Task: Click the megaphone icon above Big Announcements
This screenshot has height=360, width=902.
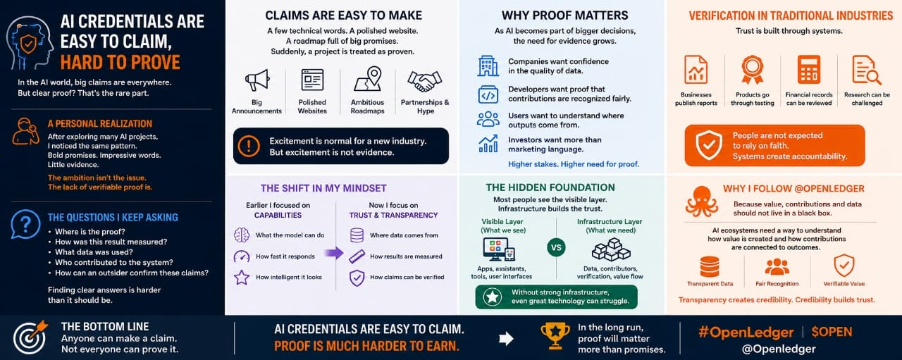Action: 257,80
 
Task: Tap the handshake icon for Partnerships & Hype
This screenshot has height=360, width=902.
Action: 424,82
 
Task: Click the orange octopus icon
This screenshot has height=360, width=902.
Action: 701,201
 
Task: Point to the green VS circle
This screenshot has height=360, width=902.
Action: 556,248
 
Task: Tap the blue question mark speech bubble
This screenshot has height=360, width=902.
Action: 25,224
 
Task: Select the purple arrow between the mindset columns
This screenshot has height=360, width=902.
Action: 334,253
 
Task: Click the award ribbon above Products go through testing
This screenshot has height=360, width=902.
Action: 752,70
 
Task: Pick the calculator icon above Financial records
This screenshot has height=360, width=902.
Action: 808,69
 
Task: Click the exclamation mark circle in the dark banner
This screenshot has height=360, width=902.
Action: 249,146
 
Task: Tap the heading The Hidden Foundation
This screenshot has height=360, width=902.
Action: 550,187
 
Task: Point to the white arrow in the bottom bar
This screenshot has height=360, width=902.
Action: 506,338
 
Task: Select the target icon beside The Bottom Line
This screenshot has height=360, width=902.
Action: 30,337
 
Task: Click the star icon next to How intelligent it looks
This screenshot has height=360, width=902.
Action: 242,277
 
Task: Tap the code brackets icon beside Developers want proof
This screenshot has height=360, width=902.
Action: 488,95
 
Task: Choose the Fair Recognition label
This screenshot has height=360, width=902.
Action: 777,283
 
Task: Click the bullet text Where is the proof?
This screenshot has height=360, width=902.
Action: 89,232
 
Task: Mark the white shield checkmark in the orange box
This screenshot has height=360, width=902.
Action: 709,145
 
